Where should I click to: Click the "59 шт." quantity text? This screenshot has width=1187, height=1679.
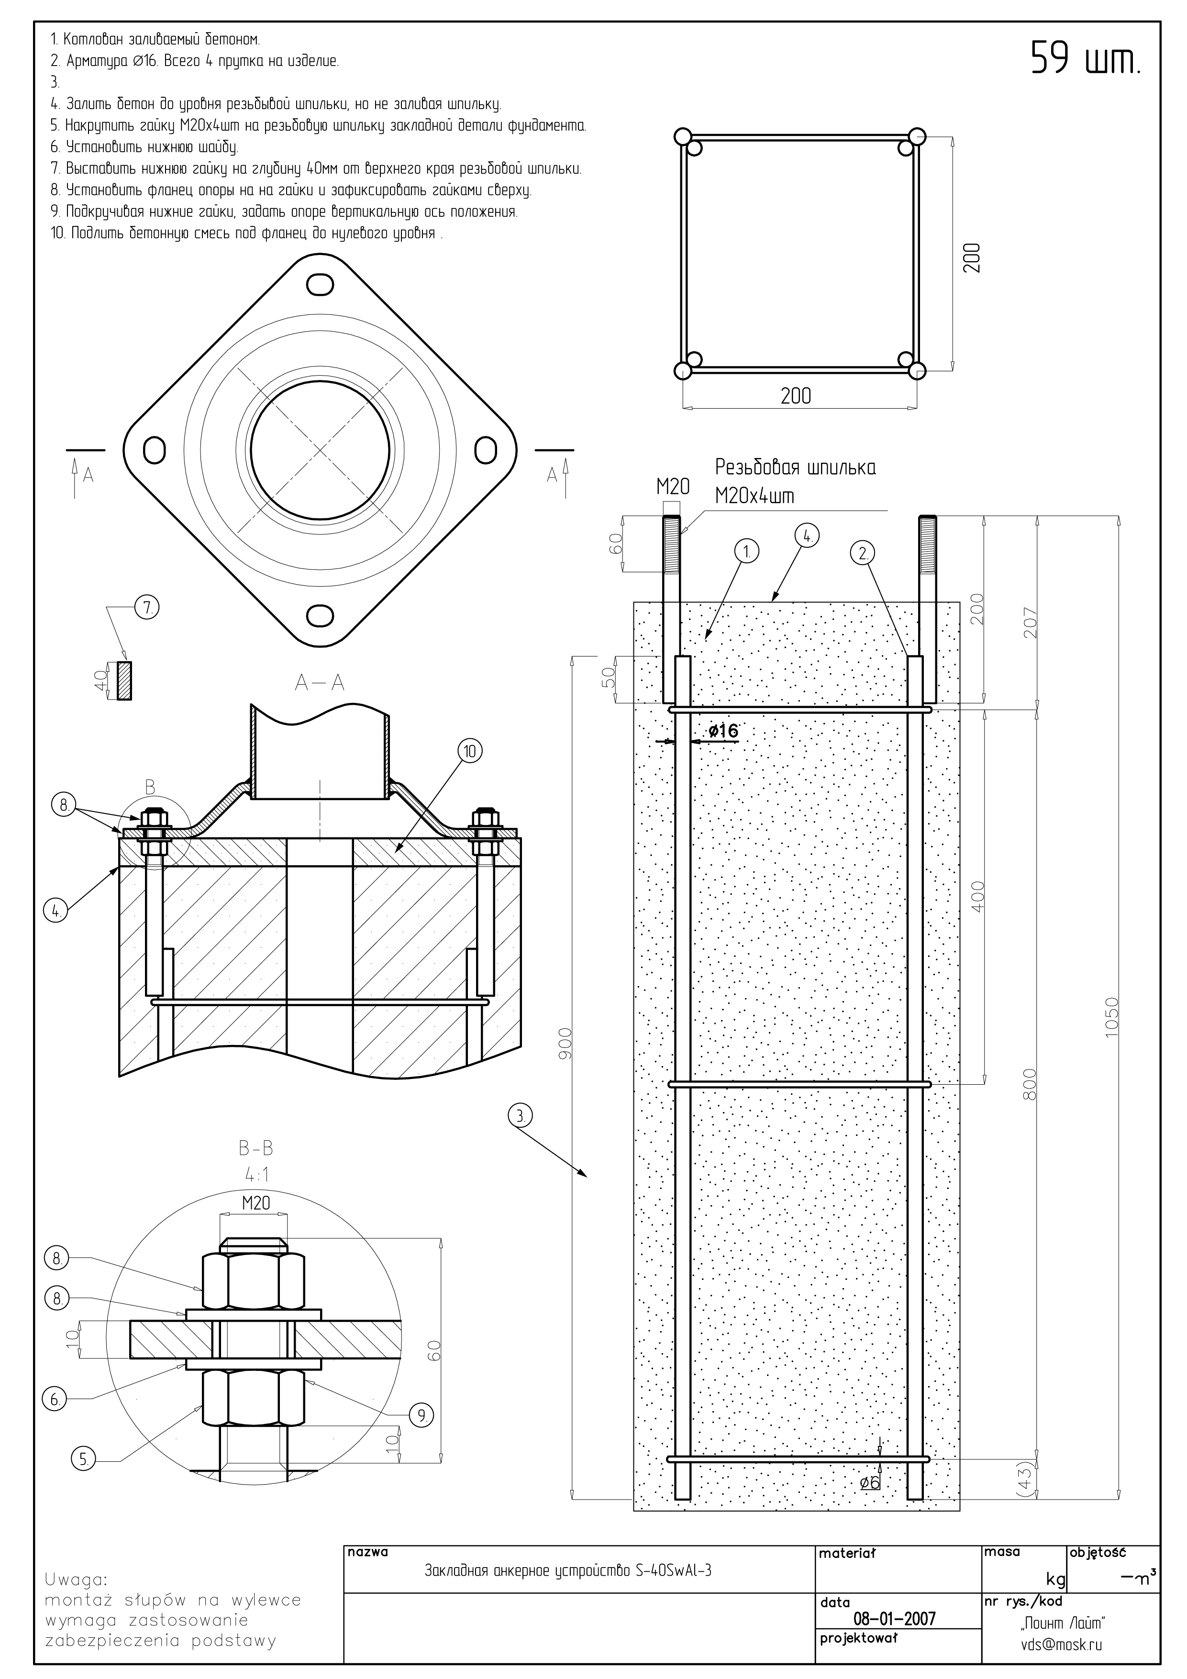coord(1086,58)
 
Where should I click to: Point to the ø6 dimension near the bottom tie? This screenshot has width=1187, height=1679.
coord(870,1481)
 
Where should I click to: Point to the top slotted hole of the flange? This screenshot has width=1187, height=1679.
coord(321,285)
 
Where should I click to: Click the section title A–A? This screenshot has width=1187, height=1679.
coord(320,682)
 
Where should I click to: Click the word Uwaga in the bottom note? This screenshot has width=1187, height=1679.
coord(76,1578)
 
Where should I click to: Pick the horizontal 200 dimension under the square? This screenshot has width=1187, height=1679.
coord(796,396)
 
